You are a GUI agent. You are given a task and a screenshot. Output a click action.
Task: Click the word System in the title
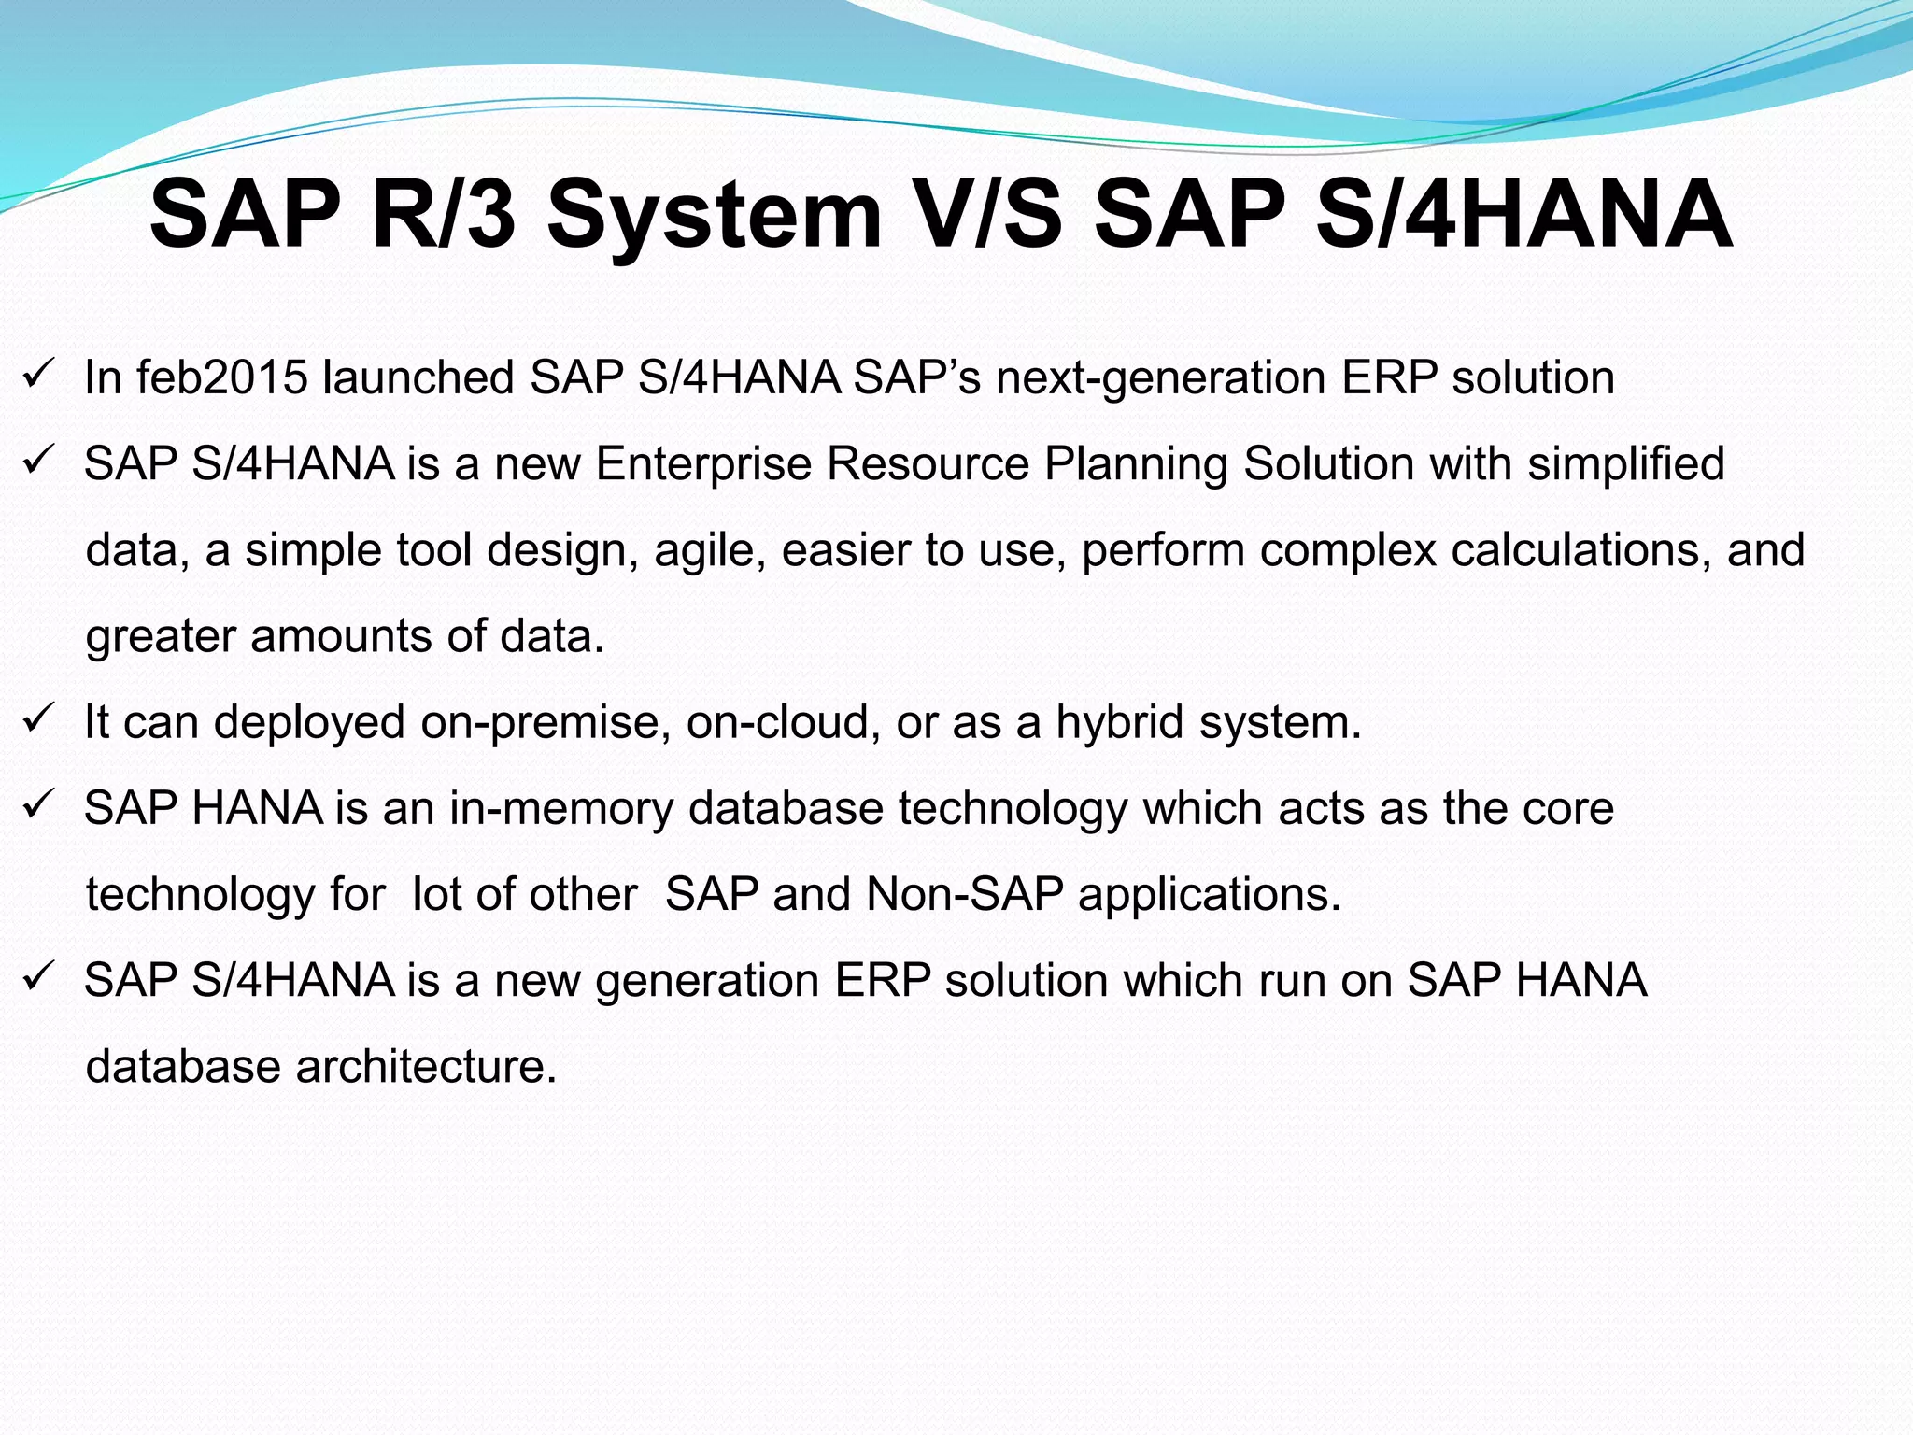point(715,217)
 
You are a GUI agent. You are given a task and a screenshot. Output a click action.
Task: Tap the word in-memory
point(560,809)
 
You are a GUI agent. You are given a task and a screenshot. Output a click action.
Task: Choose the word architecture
point(426,1067)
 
